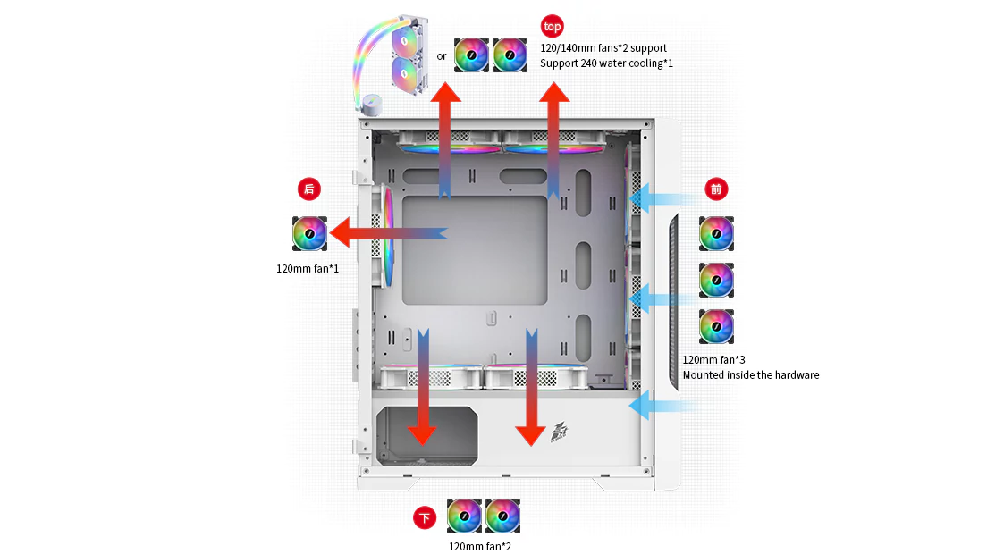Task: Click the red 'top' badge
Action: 553,26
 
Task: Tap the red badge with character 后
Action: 309,189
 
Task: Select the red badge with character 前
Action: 715,189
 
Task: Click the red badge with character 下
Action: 425,517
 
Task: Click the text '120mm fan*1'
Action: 308,268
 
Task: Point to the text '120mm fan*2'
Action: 480,546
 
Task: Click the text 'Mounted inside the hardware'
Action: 751,375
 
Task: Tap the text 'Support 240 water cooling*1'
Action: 607,63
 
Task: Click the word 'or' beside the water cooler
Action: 442,56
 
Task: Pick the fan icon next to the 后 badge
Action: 309,234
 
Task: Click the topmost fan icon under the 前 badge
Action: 716,234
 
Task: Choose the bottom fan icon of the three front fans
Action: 716,326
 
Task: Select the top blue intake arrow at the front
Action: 662,198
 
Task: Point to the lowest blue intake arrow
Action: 662,407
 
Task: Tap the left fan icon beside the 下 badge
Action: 464,516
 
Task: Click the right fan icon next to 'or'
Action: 510,55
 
